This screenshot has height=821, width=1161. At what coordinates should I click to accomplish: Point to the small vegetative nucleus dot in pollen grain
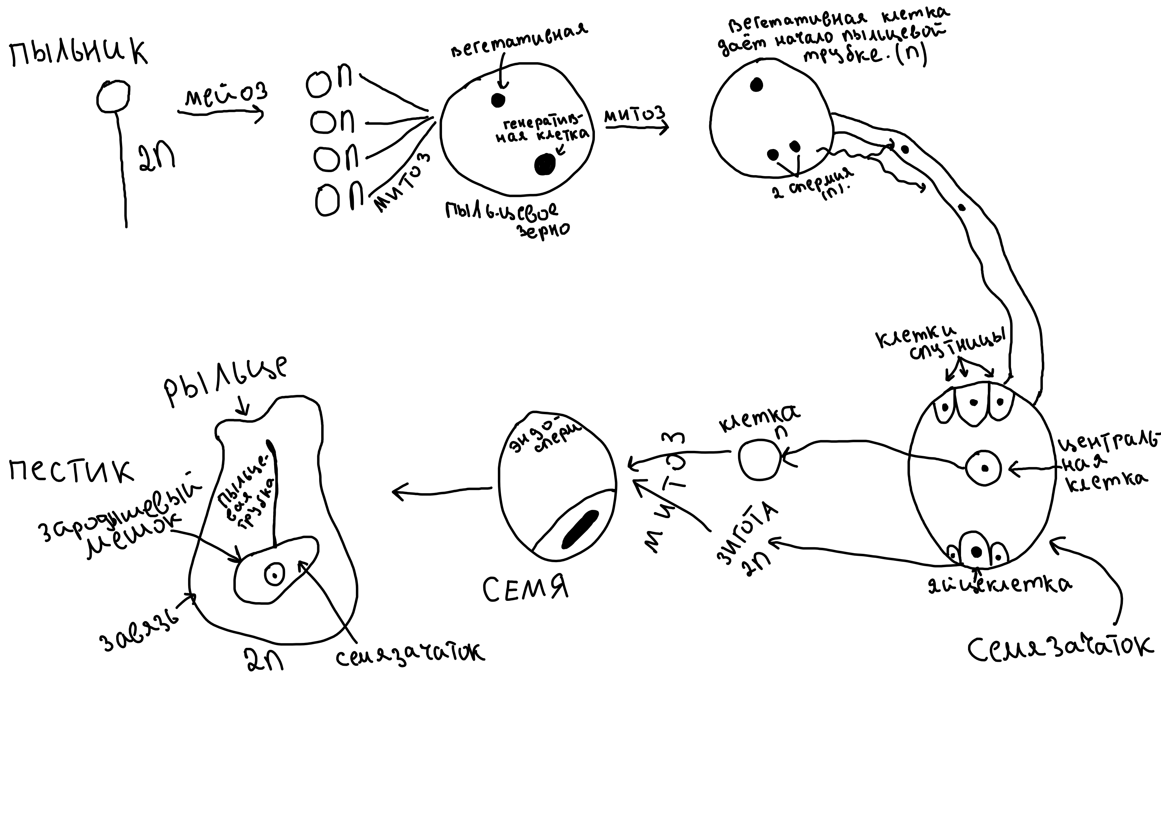click(498, 100)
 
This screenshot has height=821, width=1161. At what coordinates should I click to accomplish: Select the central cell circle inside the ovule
click(984, 468)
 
